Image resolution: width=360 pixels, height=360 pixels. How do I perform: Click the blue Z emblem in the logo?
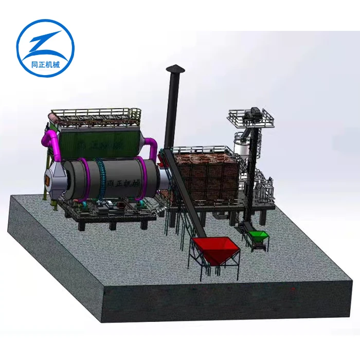point(45,45)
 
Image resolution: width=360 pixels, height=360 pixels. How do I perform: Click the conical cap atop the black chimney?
point(175,69)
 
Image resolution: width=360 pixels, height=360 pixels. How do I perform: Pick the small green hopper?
point(258,237)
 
